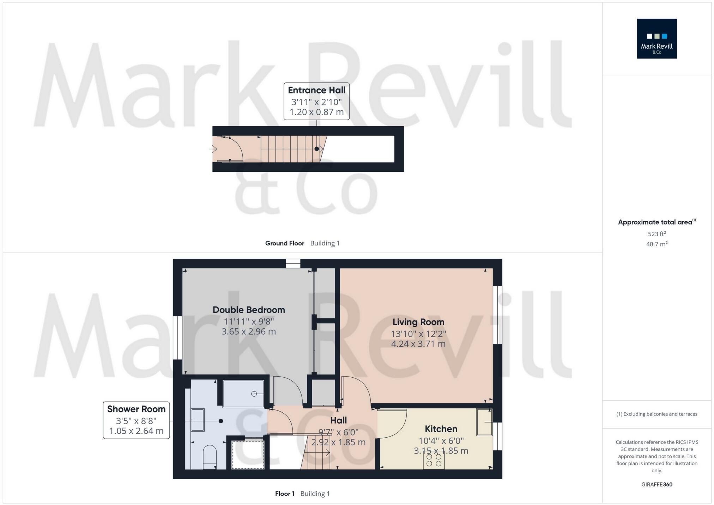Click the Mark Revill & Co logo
click(x=656, y=38)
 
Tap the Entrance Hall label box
click(x=316, y=101)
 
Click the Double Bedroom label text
click(x=249, y=310)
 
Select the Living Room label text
click(x=418, y=322)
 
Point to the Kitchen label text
click(x=441, y=429)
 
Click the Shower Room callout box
click(x=136, y=420)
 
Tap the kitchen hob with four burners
click(x=434, y=460)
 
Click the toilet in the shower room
click(x=210, y=456)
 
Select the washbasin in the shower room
click(x=198, y=420)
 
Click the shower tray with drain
click(x=243, y=394)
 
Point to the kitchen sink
click(x=484, y=422)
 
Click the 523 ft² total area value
click(x=656, y=234)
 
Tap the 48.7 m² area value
click(x=656, y=244)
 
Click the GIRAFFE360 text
click(x=656, y=485)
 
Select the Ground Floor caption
click(x=285, y=243)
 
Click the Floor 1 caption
click(x=285, y=494)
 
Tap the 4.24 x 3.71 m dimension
click(x=418, y=344)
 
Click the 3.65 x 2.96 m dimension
click(x=249, y=331)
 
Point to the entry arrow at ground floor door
click(x=213, y=149)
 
